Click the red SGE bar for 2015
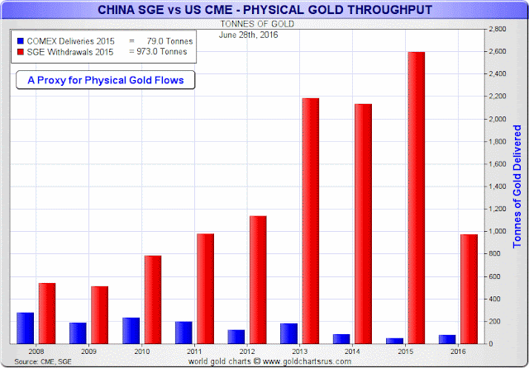click(x=417, y=197)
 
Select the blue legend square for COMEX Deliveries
click(x=21, y=40)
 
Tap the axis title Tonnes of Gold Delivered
click(x=518, y=185)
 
